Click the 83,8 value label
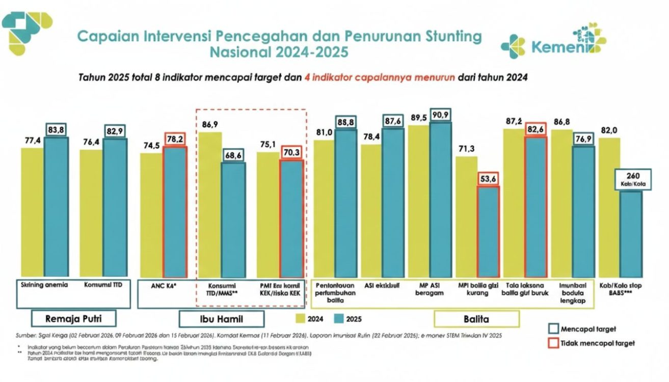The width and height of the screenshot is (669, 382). (x=56, y=130)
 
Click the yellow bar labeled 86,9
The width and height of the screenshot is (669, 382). (x=210, y=204)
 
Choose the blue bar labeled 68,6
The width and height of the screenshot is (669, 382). (x=233, y=219)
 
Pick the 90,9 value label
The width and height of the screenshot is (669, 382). (x=440, y=115)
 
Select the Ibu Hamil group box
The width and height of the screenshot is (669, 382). (x=221, y=319)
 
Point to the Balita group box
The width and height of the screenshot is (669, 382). (x=476, y=319)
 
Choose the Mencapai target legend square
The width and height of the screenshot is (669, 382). (x=553, y=329)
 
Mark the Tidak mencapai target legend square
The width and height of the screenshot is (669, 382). (x=553, y=343)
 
